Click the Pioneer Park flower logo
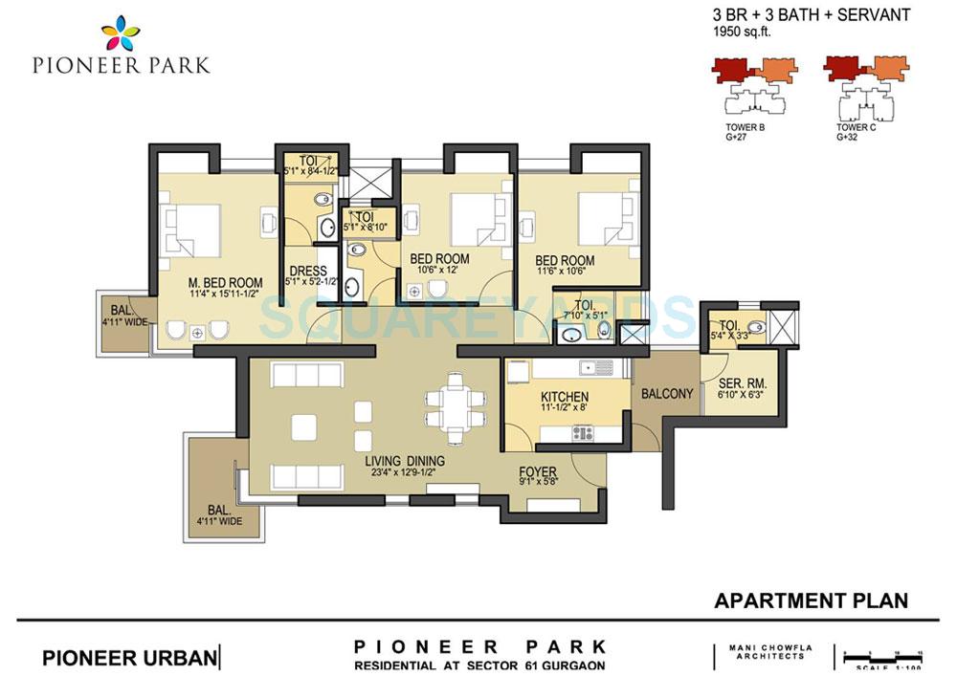click(x=121, y=33)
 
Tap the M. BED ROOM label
click(x=226, y=282)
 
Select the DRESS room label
click(x=307, y=271)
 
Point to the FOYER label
click(x=538, y=471)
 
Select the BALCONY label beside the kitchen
click(x=666, y=393)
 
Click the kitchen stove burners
click(x=583, y=433)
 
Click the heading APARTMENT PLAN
click(x=811, y=600)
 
